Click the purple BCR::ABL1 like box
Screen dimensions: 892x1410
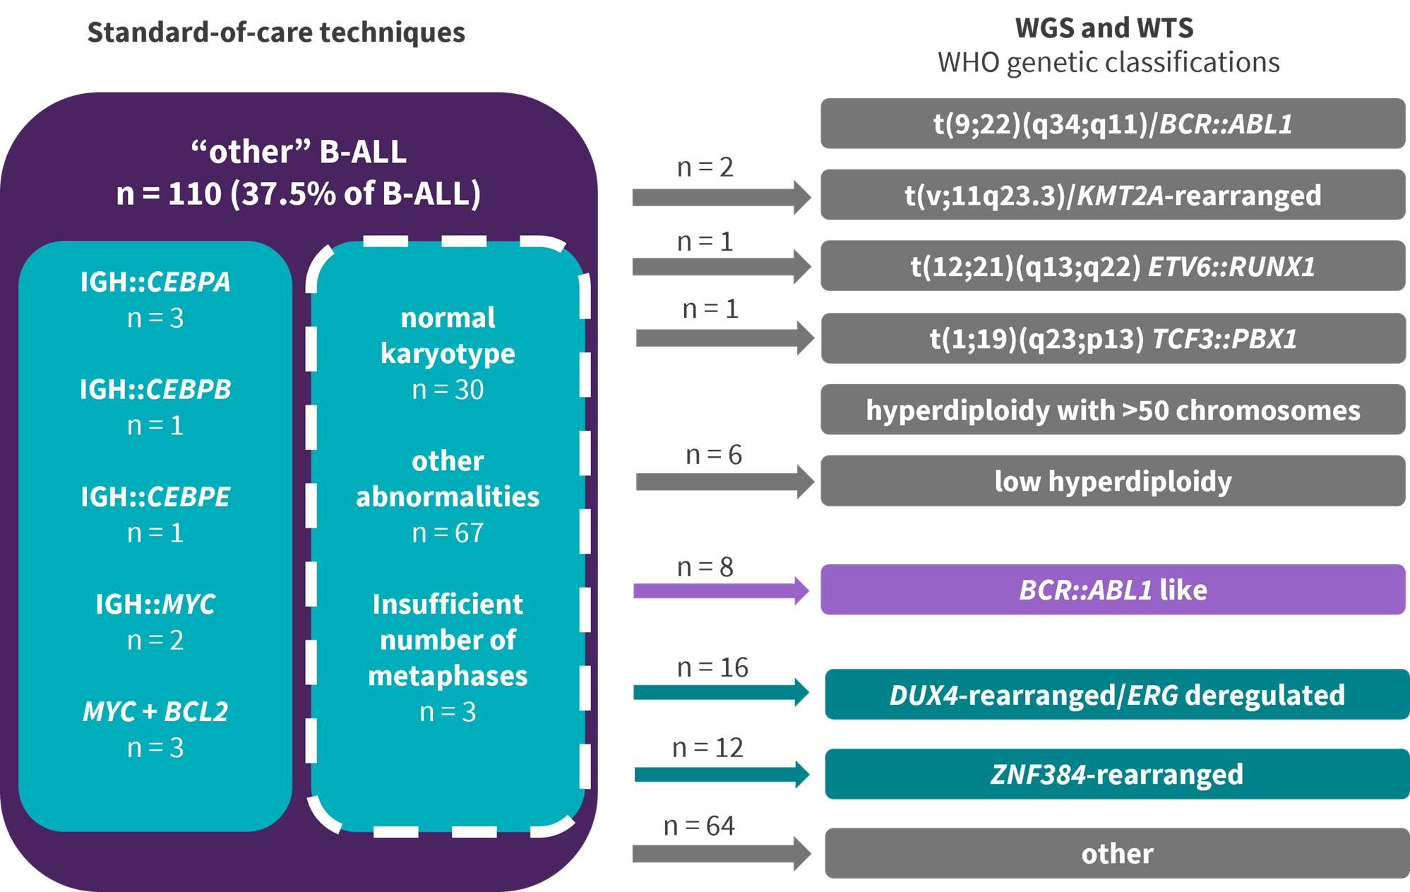1112,590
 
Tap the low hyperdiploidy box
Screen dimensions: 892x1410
1112,481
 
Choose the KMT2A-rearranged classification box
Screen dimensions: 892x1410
1112,195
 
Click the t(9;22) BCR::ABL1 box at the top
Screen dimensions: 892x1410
1112,124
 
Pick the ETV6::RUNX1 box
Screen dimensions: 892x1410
1112,266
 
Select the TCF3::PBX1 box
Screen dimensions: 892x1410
1112,338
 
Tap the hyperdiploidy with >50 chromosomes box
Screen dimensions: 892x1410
1112,410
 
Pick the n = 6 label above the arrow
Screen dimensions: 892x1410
714,455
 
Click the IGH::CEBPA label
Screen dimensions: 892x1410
155,282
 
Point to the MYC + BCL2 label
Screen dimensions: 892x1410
155,711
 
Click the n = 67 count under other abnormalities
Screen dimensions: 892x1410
448,533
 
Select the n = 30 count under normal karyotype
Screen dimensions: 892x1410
448,389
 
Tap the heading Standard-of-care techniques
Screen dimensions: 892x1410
276,32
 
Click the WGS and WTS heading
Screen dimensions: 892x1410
1104,28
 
